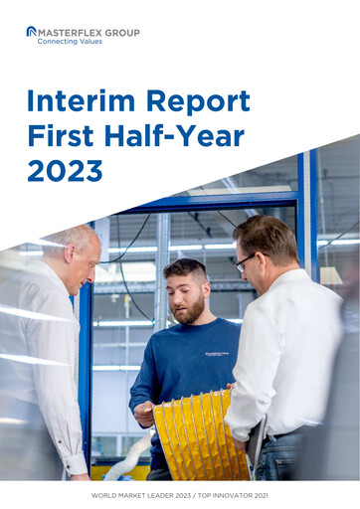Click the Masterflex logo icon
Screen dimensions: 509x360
pos(31,33)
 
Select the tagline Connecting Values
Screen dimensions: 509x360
pos(69,42)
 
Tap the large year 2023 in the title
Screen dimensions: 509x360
pos(65,170)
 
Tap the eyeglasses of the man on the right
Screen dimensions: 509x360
pos(245,262)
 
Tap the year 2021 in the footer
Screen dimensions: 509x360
pos(262,494)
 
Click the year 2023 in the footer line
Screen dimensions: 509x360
pos(195,494)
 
